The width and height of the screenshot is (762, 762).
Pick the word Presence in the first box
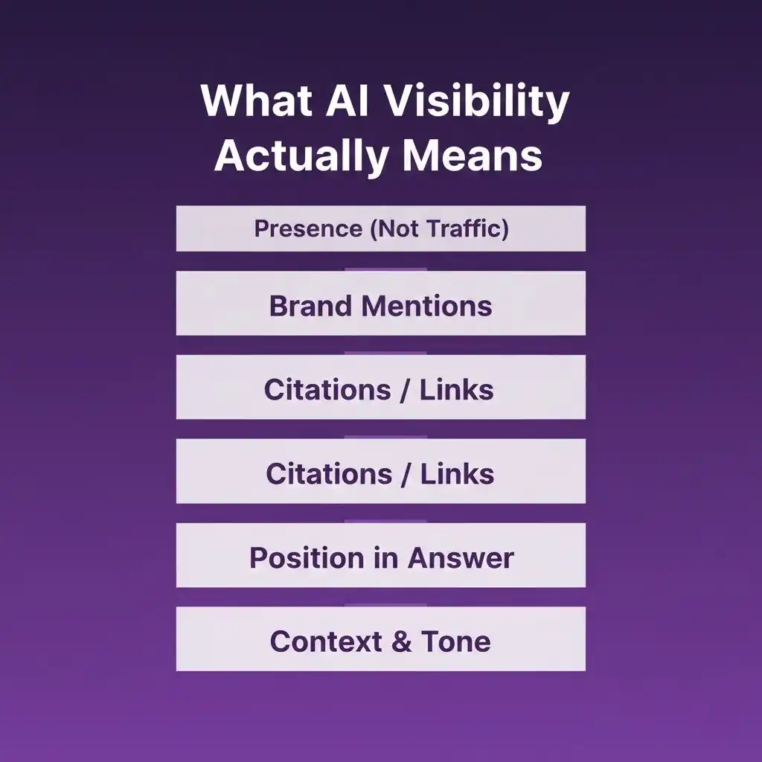coord(307,228)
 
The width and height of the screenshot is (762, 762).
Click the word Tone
coord(456,641)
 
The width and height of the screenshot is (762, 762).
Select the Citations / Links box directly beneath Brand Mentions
coord(381,387)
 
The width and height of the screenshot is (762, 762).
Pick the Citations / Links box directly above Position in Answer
coord(381,471)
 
